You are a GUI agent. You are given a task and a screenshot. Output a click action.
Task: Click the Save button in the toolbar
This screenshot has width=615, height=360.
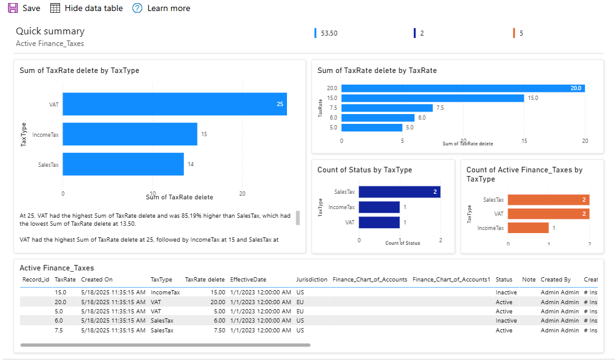[24, 9]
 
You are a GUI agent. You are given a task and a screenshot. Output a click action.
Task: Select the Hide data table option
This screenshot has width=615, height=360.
[86, 9]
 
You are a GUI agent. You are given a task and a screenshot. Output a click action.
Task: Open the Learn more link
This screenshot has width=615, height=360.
[161, 9]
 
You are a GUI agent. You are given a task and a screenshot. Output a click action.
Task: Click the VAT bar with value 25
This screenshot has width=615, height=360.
[175, 104]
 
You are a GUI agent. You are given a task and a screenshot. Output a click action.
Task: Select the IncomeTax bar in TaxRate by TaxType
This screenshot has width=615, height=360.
[130, 134]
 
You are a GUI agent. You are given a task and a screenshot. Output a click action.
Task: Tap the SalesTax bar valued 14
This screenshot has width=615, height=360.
[123, 164]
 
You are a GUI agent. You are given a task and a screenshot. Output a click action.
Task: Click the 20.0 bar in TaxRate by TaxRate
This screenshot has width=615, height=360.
[462, 88]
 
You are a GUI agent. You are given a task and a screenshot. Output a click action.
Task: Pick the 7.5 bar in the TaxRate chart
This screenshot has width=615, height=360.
[387, 108]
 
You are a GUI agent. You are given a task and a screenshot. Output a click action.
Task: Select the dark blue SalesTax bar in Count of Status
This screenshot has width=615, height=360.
[399, 192]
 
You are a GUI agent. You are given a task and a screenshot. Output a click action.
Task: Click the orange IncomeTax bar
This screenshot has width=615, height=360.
[528, 228]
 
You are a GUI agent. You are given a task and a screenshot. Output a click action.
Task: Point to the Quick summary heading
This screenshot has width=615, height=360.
[50, 31]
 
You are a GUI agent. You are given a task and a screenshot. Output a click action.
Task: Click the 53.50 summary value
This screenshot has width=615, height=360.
[329, 33]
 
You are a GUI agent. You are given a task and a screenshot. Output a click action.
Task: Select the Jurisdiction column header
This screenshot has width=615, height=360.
[311, 280]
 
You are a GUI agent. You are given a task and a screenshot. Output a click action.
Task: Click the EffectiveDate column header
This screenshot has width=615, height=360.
[248, 280]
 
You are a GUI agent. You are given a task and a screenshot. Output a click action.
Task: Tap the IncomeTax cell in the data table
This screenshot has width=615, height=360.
[165, 293]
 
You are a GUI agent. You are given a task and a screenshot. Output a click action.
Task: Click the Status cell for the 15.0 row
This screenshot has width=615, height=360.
[506, 293]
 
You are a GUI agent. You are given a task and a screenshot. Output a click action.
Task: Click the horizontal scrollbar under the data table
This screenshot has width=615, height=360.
[166, 345]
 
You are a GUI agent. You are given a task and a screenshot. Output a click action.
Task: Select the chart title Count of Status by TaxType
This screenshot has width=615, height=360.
[364, 170]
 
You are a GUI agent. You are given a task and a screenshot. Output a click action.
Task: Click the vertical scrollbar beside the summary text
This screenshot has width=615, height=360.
[298, 218]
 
